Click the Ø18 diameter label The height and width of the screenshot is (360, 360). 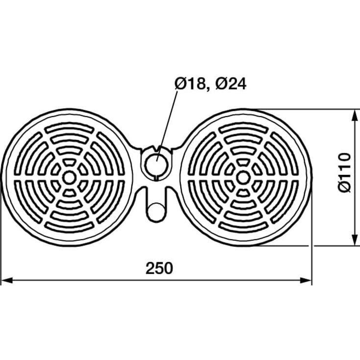[190, 84]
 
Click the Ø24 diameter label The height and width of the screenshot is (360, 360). [231, 84]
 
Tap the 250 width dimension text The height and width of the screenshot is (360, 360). [159, 268]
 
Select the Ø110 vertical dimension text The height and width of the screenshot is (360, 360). [345, 172]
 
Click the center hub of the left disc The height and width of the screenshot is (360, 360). [69, 177]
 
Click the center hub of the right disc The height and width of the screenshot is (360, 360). [243, 177]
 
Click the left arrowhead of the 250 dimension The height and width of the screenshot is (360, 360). [7, 280]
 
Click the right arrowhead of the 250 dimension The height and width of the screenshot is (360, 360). [306, 280]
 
